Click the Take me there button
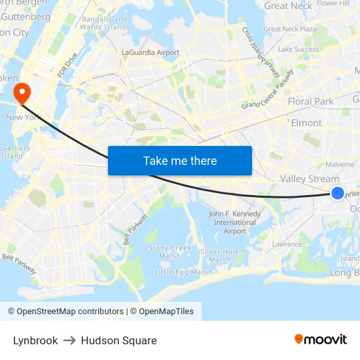click(x=180, y=160)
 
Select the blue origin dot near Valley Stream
click(x=337, y=192)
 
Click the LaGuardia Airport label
click(x=150, y=52)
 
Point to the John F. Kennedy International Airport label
click(x=234, y=223)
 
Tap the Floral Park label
click(x=311, y=101)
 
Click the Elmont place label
click(x=306, y=123)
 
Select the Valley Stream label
click(x=309, y=179)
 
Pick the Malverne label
click(x=340, y=164)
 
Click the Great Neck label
click(x=288, y=6)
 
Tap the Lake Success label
click(x=298, y=49)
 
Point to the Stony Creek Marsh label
click(x=170, y=252)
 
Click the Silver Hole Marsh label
click(x=220, y=255)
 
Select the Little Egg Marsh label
click(x=183, y=272)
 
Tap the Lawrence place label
click(x=287, y=244)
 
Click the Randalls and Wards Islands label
click(x=105, y=24)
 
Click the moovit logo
click(x=320, y=339)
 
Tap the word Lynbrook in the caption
click(x=35, y=340)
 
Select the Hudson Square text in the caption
click(x=118, y=340)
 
